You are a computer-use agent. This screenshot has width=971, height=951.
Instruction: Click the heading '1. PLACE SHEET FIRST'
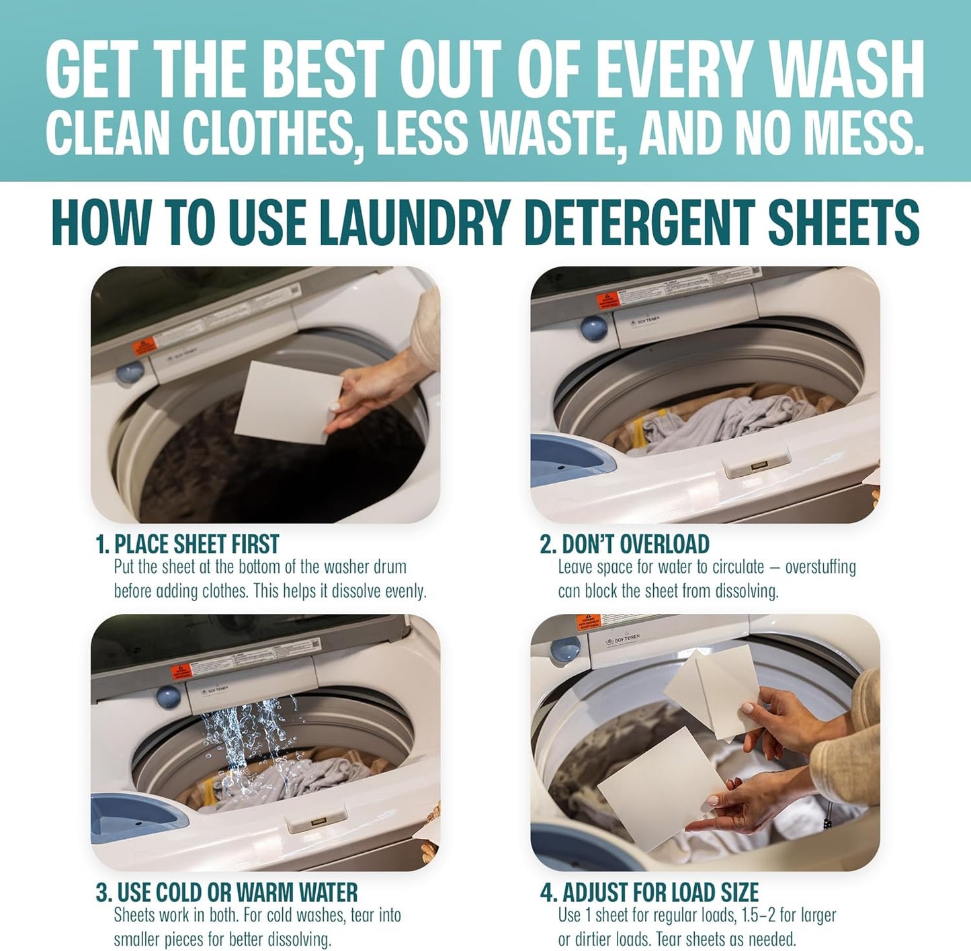tap(187, 544)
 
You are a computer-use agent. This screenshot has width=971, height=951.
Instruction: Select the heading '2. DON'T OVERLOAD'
tap(624, 544)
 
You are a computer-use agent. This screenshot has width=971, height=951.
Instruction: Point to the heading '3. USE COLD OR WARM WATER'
tap(226, 893)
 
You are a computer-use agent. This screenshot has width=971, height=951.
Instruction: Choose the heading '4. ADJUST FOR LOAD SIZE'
tap(649, 893)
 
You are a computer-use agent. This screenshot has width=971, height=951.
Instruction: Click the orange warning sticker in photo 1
tap(144, 346)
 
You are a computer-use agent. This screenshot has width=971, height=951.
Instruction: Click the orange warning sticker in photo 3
tap(181, 672)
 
